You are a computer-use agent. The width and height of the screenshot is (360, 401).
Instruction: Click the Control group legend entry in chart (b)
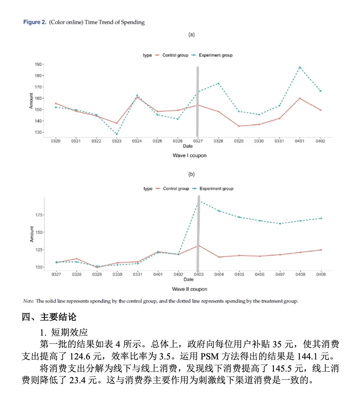click(x=176, y=189)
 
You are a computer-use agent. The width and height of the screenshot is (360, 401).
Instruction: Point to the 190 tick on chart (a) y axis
click(x=39, y=64)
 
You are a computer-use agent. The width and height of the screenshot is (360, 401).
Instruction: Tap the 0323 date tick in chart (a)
click(x=116, y=141)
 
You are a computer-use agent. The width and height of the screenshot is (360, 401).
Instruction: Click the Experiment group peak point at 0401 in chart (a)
click(x=299, y=68)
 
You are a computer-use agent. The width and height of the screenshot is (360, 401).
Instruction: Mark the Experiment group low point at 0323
click(x=116, y=134)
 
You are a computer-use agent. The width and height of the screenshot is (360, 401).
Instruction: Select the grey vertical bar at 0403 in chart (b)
click(x=198, y=234)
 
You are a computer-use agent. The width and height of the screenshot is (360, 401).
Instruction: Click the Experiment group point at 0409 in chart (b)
click(x=321, y=218)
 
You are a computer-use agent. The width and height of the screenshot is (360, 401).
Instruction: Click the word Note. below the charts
click(x=29, y=301)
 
